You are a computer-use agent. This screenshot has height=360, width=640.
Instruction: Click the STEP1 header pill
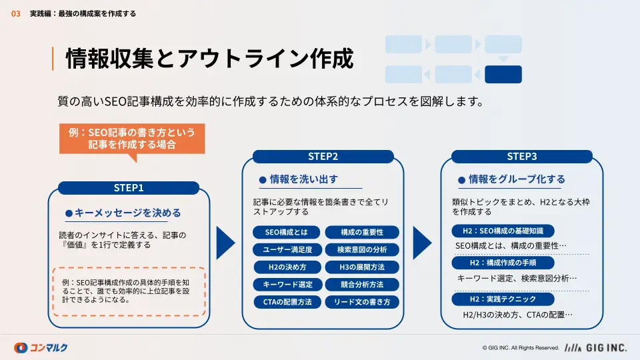coord(129,188)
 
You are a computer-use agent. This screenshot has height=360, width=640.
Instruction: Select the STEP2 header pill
coord(323,156)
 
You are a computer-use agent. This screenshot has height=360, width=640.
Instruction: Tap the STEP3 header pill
coord(521,156)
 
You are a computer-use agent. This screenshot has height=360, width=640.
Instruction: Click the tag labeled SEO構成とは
coord(286,232)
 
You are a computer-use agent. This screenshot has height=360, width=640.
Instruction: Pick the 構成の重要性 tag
coord(362,232)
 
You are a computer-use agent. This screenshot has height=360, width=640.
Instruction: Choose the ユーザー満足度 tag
coord(287,249)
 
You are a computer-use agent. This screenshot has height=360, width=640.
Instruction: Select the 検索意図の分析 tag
coord(362,249)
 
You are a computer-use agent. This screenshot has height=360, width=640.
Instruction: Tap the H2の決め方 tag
coord(287,267)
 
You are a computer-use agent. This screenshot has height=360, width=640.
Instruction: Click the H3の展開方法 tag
coord(362,267)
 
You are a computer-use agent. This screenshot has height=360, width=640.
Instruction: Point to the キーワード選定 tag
coord(287,285)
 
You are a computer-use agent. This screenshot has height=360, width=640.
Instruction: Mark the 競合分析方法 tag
coord(362,285)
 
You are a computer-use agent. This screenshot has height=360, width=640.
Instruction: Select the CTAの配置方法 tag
coord(287,302)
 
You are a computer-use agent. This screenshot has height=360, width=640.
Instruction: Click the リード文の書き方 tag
coord(362,302)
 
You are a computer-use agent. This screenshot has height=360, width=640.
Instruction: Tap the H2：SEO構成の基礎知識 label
coord(503,231)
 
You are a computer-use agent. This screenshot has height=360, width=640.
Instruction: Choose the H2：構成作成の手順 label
coord(503,263)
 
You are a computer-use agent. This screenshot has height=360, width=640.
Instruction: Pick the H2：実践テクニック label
coord(503,299)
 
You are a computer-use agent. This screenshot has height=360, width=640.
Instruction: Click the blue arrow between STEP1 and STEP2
coord(226,243)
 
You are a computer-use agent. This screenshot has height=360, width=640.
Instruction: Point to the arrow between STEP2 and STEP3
coord(423,243)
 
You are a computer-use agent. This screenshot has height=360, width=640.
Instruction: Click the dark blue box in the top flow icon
coord(503,74)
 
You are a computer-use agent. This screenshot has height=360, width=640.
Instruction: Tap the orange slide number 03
coord(15,14)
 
